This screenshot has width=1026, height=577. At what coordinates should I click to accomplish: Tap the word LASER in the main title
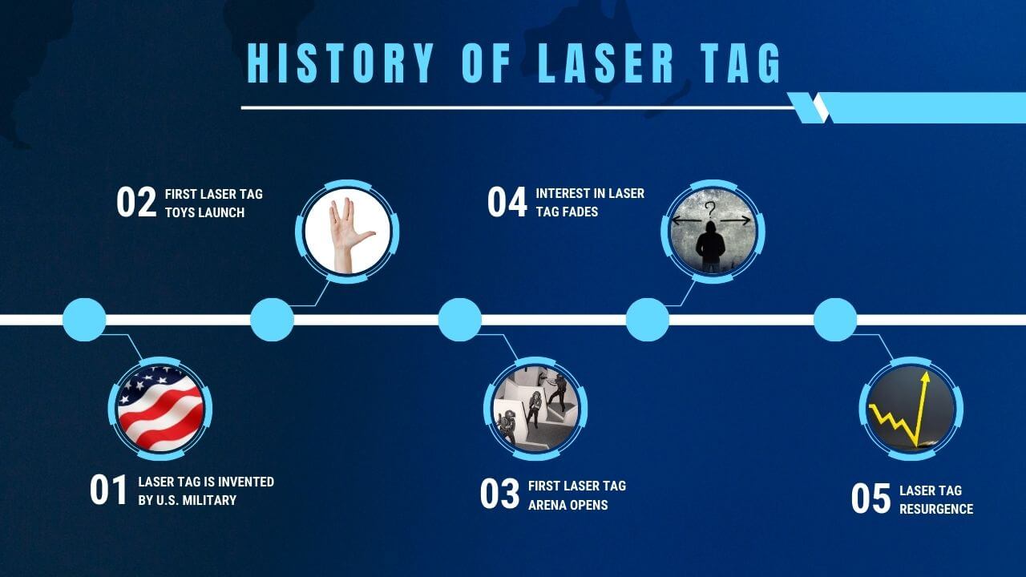[605, 63]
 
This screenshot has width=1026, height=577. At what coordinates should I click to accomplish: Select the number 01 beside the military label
[108, 490]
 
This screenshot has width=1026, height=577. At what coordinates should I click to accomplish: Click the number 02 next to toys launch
[136, 202]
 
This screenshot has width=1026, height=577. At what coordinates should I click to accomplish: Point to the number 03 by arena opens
[499, 494]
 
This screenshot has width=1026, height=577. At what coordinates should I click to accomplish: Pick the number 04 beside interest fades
[507, 202]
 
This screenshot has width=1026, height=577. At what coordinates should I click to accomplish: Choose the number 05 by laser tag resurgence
[870, 498]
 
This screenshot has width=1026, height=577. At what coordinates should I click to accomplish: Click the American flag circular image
[160, 409]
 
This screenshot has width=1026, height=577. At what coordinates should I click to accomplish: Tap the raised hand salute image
[347, 232]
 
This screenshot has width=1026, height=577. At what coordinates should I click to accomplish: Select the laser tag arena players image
[535, 409]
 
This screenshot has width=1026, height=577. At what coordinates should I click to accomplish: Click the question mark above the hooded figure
[710, 210]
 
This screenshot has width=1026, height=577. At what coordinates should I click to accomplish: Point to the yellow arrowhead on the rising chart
[925, 377]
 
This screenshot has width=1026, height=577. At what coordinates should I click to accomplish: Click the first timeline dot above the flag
[84, 320]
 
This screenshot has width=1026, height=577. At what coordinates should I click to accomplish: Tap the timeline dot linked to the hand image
[272, 320]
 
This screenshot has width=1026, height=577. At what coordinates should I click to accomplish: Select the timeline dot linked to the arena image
[460, 320]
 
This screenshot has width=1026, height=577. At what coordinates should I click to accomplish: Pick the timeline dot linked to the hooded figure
[648, 320]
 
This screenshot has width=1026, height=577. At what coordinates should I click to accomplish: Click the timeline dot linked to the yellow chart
[835, 320]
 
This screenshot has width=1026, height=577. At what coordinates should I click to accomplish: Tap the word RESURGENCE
[936, 509]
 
